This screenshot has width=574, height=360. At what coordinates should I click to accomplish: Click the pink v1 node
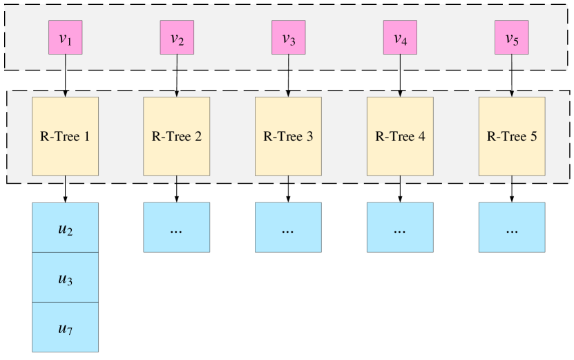66,37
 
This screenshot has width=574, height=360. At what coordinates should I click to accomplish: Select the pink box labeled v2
177,37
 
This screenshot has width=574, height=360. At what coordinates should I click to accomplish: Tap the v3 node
289,37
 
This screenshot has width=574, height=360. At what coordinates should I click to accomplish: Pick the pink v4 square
401,37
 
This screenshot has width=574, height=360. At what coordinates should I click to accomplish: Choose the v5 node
512,37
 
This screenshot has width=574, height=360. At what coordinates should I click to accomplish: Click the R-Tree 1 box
66,136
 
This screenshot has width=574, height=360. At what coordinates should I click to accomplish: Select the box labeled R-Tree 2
177,136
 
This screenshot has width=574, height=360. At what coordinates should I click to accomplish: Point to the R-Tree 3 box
289,136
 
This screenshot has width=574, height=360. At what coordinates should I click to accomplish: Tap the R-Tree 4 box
401,136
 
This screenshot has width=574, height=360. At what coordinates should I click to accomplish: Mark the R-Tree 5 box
512,136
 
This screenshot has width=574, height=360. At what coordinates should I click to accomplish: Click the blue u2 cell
66,228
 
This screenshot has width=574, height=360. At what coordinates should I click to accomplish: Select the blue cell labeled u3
66,278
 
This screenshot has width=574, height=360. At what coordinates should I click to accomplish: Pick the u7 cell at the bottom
66,327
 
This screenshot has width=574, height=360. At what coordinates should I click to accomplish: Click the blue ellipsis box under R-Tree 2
177,227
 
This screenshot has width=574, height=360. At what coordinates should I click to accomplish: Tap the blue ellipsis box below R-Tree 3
289,227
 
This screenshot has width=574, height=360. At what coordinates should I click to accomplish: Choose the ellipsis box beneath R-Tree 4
401,227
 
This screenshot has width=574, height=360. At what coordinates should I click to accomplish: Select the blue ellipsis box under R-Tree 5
512,227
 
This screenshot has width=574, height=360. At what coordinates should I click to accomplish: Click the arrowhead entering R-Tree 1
66,94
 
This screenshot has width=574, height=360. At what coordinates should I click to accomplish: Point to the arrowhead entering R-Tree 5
512,94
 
